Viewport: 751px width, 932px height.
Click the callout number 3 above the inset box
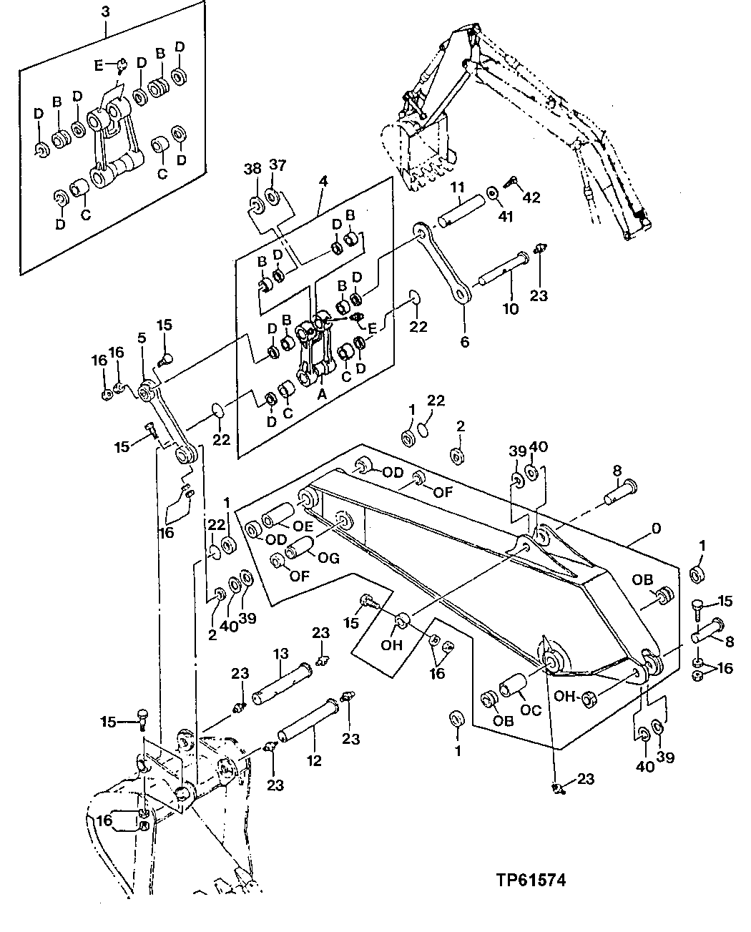click(x=105, y=12)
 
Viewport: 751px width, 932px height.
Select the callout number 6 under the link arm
click(x=464, y=343)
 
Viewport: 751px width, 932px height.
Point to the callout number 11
click(x=458, y=188)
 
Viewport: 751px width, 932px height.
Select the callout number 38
click(x=252, y=170)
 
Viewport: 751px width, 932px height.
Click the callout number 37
click(x=276, y=165)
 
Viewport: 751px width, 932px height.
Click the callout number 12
click(x=314, y=760)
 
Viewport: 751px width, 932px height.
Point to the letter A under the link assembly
click(x=321, y=393)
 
